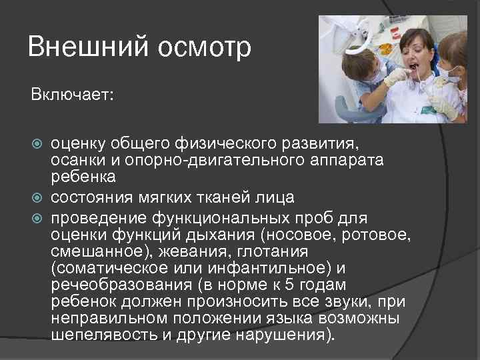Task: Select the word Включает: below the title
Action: click(x=72, y=95)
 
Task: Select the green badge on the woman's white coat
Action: click(x=423, y=107)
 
